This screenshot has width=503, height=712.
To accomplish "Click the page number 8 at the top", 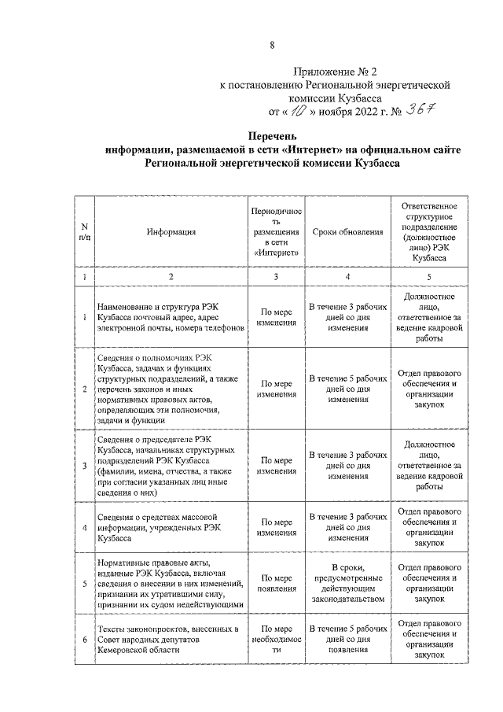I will pos(272,46).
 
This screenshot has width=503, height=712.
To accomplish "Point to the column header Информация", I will pos(171,232).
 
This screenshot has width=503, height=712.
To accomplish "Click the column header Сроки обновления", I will pos(347,232).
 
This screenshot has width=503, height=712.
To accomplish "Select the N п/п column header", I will pos(84,232).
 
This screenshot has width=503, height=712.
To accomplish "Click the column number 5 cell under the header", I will pos(428,277).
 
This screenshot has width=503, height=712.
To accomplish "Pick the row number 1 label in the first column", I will pos(84,317).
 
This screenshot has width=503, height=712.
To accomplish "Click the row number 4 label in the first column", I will pos(84,527).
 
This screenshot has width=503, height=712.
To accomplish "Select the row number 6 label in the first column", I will pos(84,639).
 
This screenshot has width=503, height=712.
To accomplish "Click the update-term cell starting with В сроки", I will pos(347,583).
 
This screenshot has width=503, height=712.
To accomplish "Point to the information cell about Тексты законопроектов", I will pos(168,639).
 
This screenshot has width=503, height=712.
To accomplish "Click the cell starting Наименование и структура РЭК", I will pos(168,317).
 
